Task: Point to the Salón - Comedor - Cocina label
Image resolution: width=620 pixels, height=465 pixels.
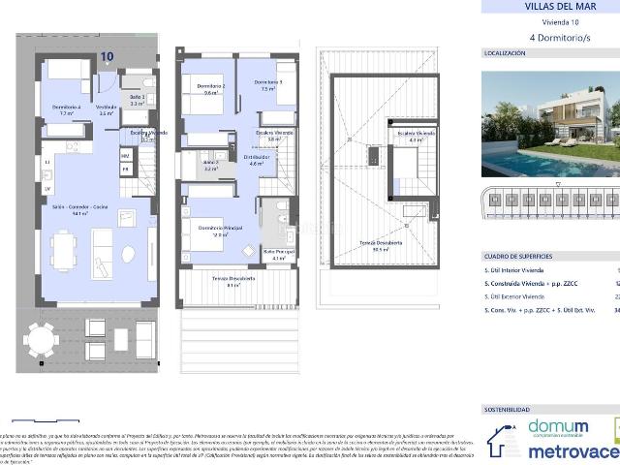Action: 80,208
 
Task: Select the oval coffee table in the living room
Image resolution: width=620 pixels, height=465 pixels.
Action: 127,255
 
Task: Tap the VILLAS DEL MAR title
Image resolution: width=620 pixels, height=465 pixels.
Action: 546,7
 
